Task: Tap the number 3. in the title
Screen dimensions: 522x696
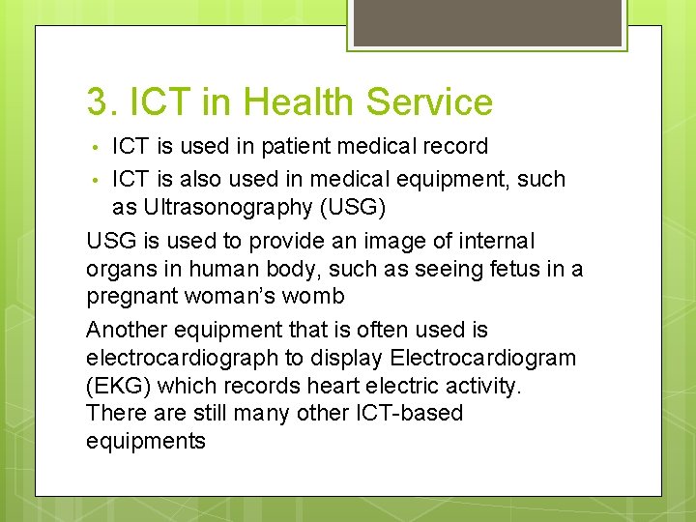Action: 101,101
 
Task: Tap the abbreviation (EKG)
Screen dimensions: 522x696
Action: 118,386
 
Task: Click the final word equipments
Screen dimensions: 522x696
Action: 146,441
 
